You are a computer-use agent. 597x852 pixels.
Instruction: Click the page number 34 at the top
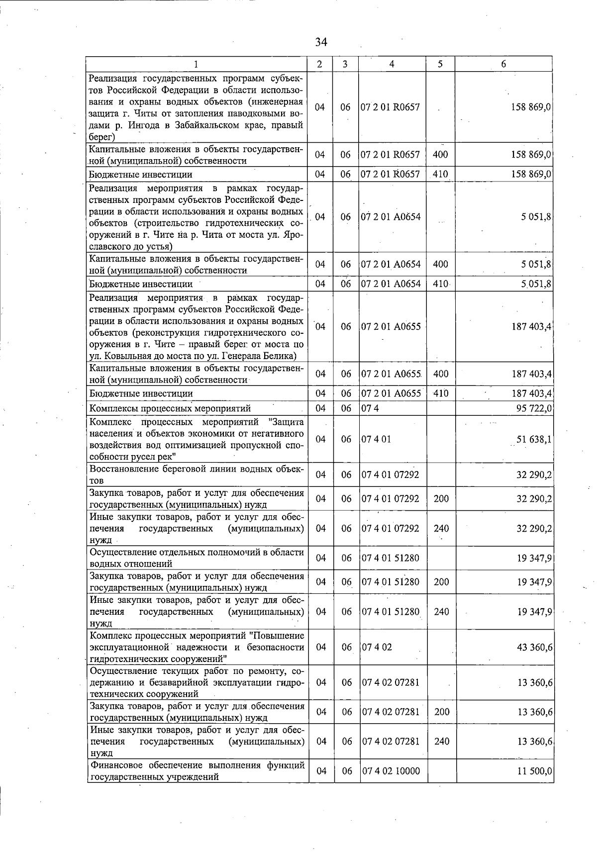tap(321, 42)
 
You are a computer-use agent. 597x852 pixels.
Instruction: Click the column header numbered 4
tap(392, 64)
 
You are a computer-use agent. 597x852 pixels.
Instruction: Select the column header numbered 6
tap(503, 64)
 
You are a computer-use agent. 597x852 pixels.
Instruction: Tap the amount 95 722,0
tap(534, 408)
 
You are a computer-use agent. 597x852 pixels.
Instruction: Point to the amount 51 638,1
tap(534, 440)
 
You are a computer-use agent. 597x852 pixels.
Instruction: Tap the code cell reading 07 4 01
tap(376, 440)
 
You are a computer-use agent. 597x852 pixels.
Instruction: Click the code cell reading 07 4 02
tap(377, 647)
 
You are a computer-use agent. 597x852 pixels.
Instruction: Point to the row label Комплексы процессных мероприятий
tap(170, 408)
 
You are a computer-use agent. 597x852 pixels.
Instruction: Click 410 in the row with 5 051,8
tap(440, 284)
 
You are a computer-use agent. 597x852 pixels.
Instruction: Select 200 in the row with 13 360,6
tap(441, 712)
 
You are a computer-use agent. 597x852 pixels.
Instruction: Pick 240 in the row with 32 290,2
tap(441, 528)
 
